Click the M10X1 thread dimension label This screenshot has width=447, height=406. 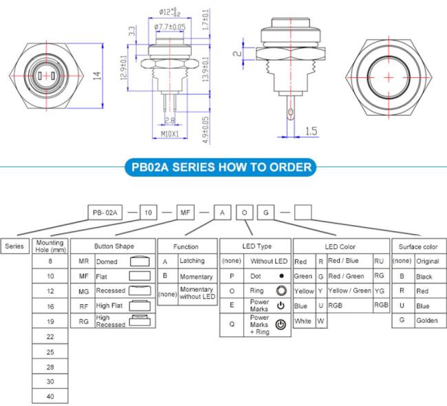coord(170,133)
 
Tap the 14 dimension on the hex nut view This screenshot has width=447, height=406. coord(97,76)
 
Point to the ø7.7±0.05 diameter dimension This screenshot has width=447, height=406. coord(170,27)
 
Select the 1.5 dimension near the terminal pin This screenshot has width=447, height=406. coord(311,131)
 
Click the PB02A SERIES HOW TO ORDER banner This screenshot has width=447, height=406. coord(221,167)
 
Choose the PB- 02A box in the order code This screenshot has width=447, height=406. coord(105,213)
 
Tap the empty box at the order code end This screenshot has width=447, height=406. coord(303,213)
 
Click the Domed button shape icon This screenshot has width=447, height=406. coord(140,261)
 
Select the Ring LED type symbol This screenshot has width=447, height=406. coord(281,290)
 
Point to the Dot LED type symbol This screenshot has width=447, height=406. coord(282,276)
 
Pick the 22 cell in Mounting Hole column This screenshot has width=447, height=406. coord(50,336)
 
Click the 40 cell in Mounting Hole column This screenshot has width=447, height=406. coord(50,396)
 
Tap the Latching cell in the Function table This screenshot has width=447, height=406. coord(192,261)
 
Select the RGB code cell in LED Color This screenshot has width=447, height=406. coord(381,305)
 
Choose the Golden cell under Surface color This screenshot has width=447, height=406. coord(427,321)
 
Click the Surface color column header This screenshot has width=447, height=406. coord(418,247)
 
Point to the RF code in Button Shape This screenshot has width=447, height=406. coord(83,306)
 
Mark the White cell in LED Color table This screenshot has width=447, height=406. coord(303,321)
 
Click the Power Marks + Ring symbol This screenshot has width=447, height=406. coord(281,325)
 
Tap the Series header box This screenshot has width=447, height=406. coord(15,246)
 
